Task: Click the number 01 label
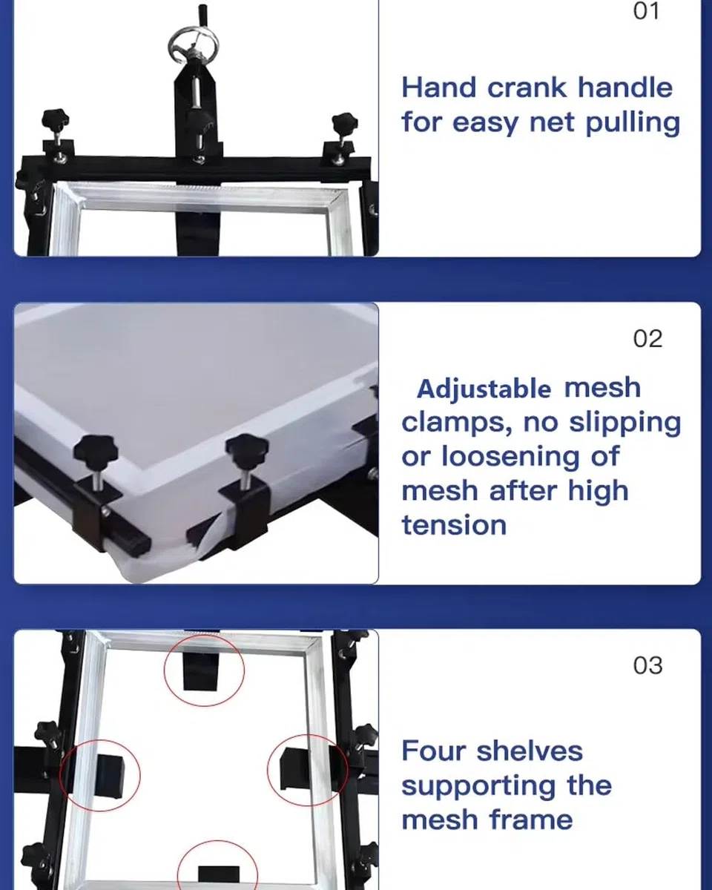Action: [646, 10]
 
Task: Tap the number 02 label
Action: [648, 339]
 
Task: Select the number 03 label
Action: [648, 665]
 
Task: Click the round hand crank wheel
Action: [194, 45]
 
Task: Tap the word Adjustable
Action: [484, 389]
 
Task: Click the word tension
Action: [454, 525]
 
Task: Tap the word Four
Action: [434, 751]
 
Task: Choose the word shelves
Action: [530, 751]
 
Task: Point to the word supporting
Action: [478, 788]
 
